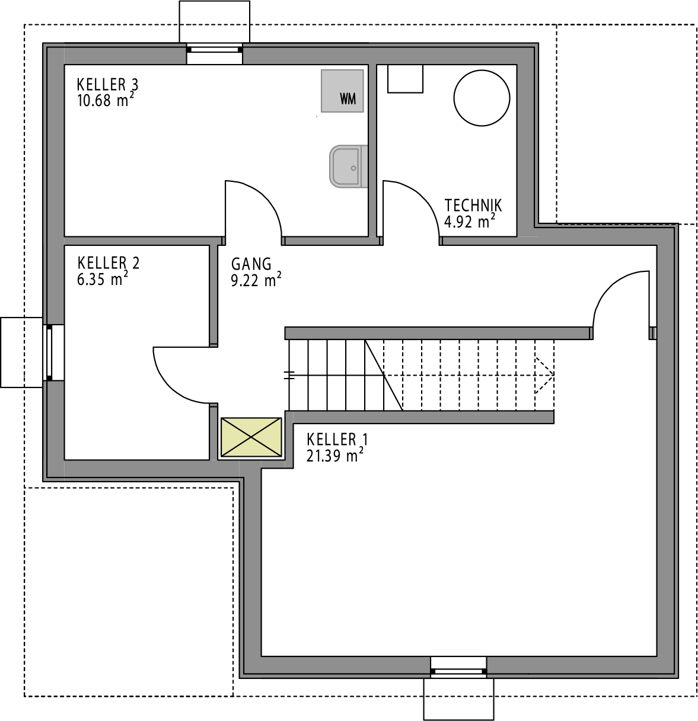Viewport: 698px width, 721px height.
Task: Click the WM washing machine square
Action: point(342,91)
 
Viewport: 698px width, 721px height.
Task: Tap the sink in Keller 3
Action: point(348,166)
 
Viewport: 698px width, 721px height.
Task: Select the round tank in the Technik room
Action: point(482,98)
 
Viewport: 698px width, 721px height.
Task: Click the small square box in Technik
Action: point(405,79)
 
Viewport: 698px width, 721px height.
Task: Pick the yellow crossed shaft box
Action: point(251,437)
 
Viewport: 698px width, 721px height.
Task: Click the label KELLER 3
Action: point(107,85)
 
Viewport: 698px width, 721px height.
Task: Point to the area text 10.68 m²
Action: point(106,100)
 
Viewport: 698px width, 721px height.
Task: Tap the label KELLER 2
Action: point(109,263)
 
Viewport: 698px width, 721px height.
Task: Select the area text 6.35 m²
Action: point(103,278)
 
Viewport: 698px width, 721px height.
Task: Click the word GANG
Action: point(251,264)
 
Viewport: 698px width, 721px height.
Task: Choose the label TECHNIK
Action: point(473,206)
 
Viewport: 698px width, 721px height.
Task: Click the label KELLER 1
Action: point(337,440)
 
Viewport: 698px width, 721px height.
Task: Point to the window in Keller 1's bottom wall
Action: point(458,671)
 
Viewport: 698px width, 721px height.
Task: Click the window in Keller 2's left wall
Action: point(49,353)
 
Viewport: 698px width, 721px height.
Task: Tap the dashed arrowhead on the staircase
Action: point(544,375)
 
